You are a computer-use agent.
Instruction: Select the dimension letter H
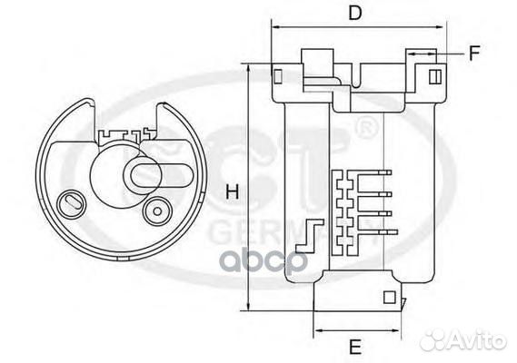click(232, 191)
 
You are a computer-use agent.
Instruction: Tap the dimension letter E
click(355, 346)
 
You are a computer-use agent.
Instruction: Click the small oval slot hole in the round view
click(69, 201)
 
